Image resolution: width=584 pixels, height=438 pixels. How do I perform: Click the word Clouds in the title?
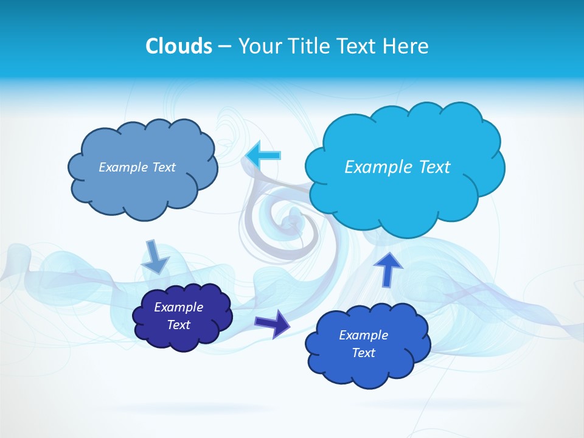click(x=178, y=46)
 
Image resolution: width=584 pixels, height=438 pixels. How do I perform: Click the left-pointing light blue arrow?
click(x=263, y=155)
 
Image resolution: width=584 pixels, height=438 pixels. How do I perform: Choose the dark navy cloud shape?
click(x=182, y=316)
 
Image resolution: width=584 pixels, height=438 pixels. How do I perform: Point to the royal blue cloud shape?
click(x=367, y=344)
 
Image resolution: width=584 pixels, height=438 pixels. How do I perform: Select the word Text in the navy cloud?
click(x=179, y=325)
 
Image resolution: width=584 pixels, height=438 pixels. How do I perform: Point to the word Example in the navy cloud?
click(x=179, y=307)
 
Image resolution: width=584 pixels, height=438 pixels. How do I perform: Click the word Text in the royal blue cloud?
click(x=363, y=353)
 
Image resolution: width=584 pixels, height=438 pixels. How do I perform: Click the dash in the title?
click(x=224, y=47)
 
